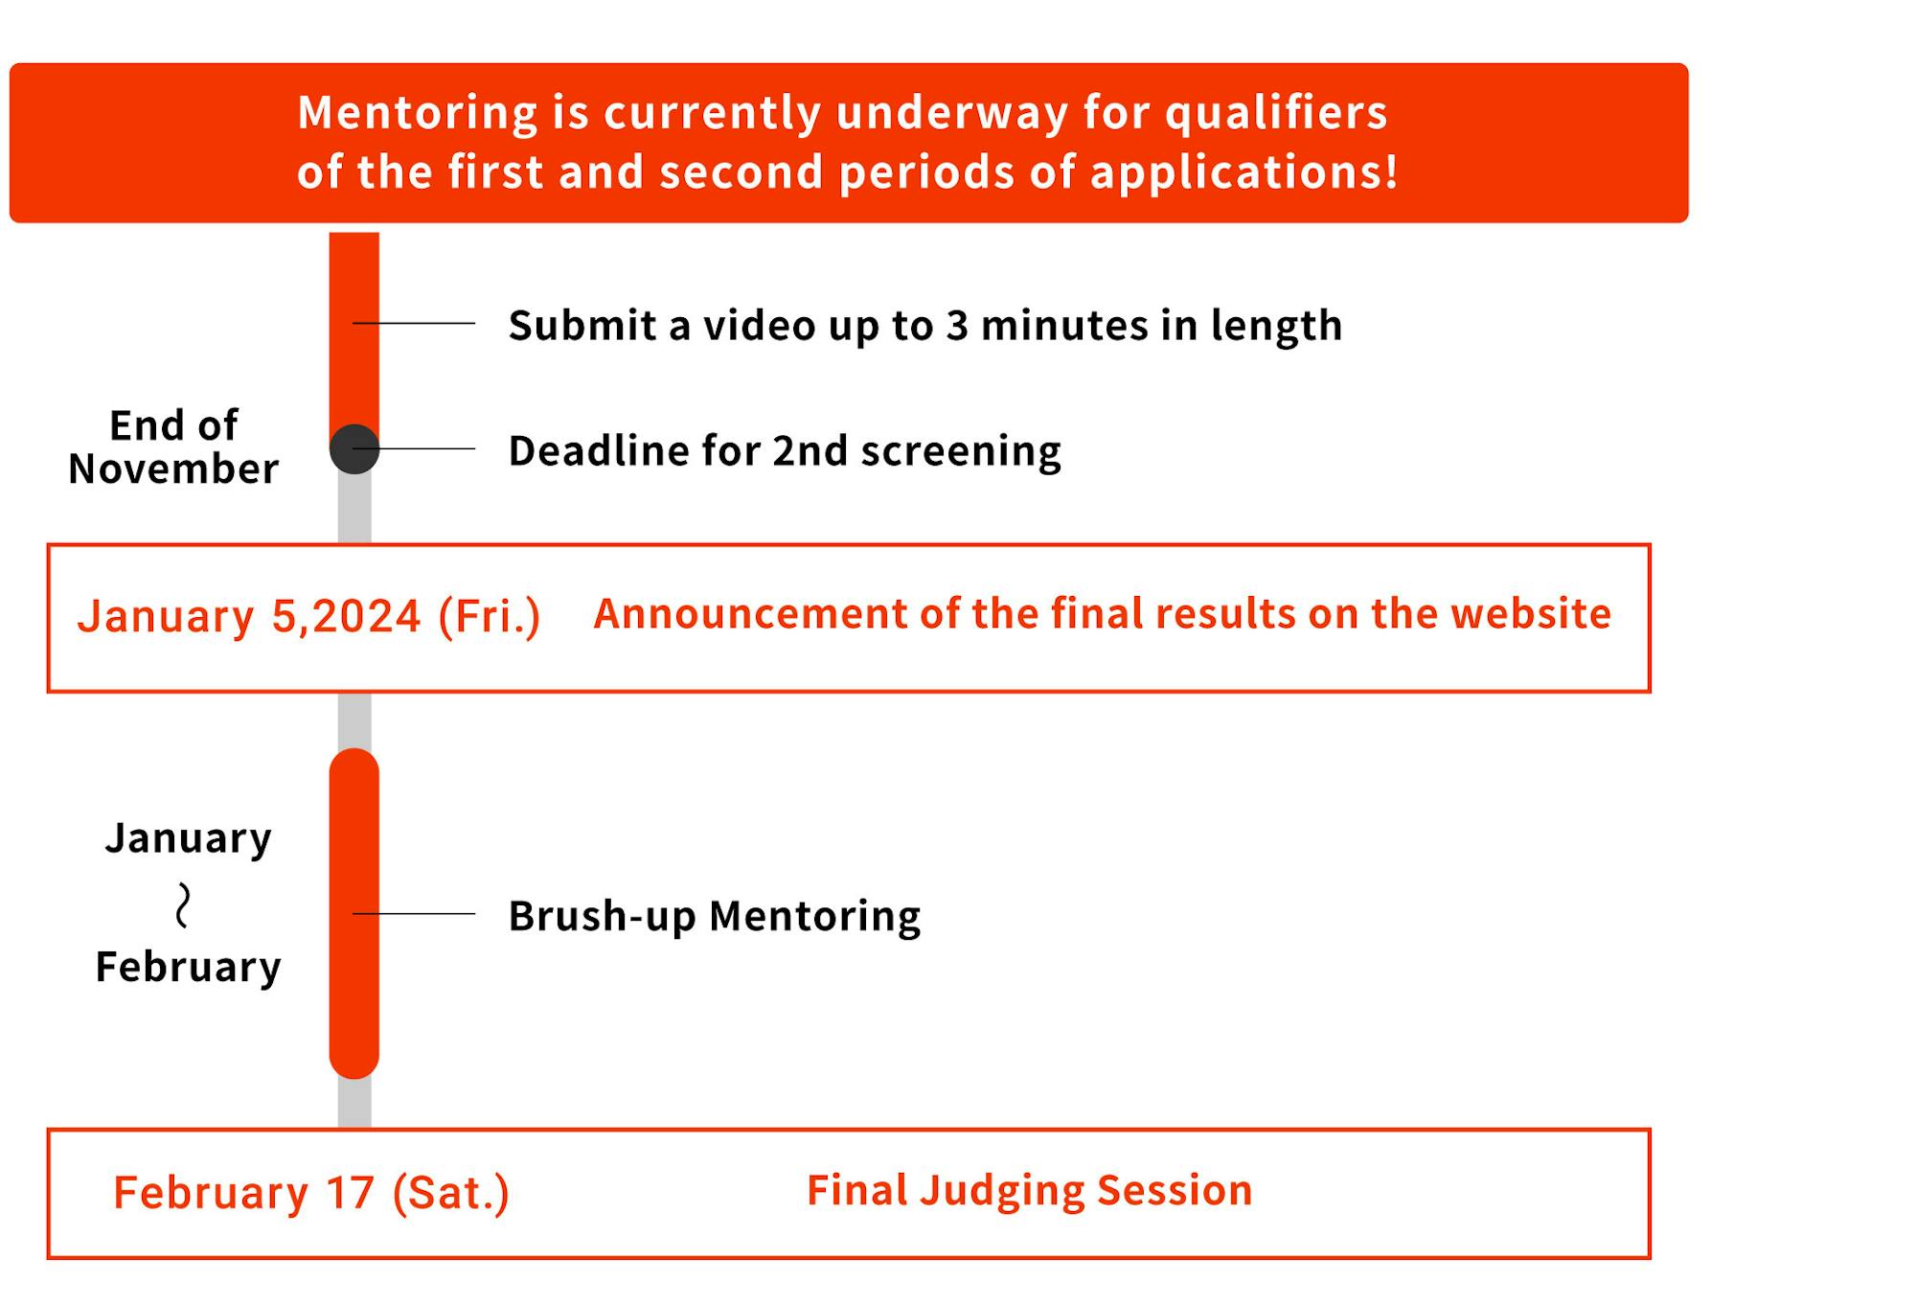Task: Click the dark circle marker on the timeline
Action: coord(354,448)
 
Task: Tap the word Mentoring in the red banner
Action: coord(418,114)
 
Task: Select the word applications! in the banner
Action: coord(1244,173)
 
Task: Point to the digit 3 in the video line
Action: coord(957,327)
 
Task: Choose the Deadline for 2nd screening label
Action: coord(785,450)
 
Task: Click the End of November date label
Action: coord(173,446)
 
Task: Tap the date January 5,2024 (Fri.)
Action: coord(308,616)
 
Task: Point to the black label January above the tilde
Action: coord(189,839)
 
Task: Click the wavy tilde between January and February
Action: coord(183,905)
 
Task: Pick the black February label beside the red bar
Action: coord(189,968)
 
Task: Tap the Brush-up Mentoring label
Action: coord(715,916)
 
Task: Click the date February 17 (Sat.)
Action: coord(311,1194)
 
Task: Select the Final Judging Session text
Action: coord(1030,1191)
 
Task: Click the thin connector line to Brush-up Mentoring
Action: coord(414,914)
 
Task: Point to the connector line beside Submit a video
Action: coord(414,323)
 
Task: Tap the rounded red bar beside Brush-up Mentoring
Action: coord(354,913)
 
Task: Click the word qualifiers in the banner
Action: coord(1276,114)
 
